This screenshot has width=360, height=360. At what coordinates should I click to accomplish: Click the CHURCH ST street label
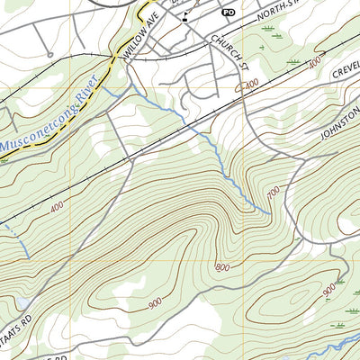[x=229, y=51]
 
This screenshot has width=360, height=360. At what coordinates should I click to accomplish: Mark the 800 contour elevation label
[x=222, y=267]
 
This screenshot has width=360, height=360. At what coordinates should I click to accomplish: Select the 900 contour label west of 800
[x=155, y=305]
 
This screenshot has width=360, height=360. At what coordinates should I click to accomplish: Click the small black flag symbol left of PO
[x=184, y=16]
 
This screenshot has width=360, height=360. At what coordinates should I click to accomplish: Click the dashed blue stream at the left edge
[x=16, y=238]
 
